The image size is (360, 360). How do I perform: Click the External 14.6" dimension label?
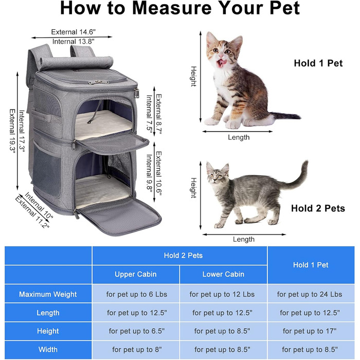point(73,32)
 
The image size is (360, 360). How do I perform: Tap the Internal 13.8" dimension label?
point(73,42)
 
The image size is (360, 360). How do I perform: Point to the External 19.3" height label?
point(12,130)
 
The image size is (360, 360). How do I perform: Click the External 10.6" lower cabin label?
point(159,174)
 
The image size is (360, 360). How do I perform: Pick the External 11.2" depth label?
point(32,212)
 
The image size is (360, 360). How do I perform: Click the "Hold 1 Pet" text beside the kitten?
point(318,63)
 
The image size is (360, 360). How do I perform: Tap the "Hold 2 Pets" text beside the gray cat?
point(318,208)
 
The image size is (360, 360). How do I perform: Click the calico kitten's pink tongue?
point(221,62)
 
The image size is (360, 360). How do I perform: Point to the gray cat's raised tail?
point(298,177)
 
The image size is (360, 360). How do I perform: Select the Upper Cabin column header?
point(135,274)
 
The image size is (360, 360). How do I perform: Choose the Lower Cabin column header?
point(223,274)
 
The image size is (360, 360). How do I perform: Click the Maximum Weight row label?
point(48,294)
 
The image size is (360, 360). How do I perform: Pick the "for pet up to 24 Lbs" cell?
point(310,294)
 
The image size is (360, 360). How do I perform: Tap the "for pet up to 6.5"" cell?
point(137,331)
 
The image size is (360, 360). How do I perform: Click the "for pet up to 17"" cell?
point(310,331)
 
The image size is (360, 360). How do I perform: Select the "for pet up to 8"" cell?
point(137,349)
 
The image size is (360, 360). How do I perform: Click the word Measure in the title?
point(172,8)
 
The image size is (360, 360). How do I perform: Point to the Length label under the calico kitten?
point(239,137)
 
